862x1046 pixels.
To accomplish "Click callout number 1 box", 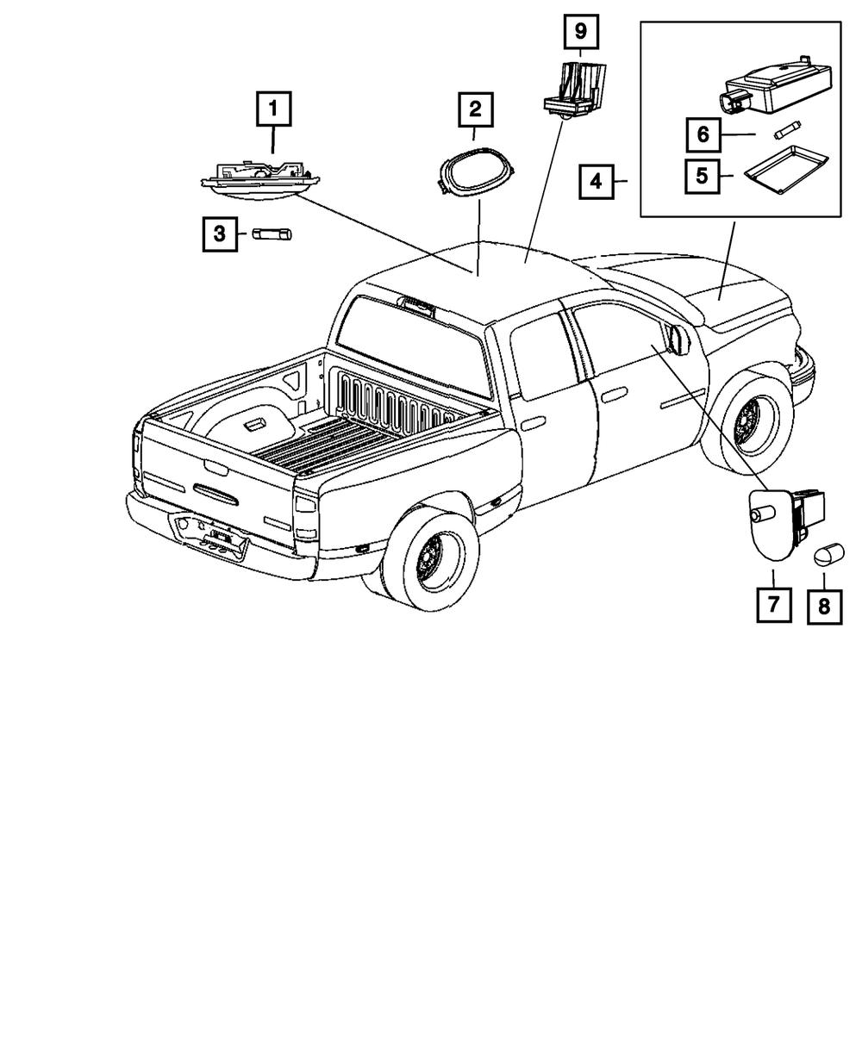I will point(273,109).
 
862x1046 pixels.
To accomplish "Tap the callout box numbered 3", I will point(220,233).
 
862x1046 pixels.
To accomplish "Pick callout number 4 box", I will point(596,182).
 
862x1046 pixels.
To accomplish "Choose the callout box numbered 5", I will point(703,176).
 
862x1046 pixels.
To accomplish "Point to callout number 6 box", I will point(703,134).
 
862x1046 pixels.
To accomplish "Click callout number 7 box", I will point(773,604).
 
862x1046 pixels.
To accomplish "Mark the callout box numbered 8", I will point(824,607).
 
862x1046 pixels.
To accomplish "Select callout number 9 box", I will point(580,33).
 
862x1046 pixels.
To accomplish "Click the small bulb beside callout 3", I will point(272,233).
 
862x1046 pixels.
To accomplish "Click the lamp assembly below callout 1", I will point(259,177).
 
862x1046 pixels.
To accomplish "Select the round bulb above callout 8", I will point(828,555).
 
